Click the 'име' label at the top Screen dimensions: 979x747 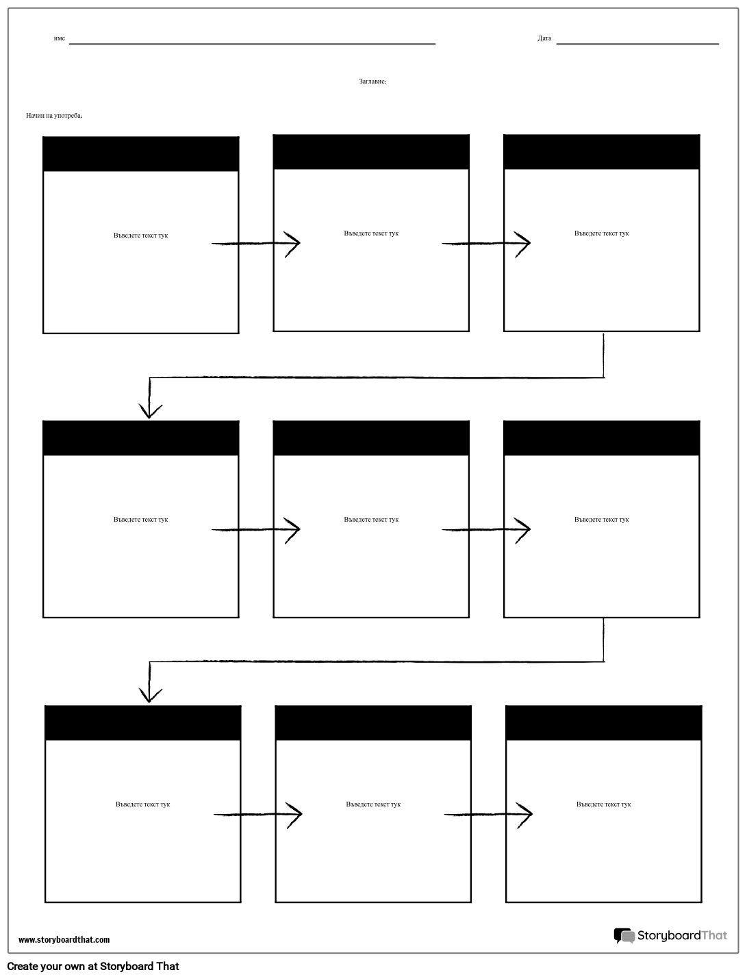(60, 38)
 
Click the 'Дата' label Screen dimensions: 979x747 (544, 38)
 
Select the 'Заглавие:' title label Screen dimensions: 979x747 (373, 81)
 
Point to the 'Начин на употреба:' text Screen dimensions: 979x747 (55, 116)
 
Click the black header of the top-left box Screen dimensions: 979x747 (141, 154)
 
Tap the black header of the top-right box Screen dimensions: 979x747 (602, 152)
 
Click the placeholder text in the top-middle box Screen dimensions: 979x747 (371, 233)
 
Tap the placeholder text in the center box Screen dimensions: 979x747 (371, 520)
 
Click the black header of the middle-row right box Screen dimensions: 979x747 (602, 438)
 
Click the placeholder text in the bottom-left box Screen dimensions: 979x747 (143, 804)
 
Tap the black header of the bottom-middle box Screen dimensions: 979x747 (373, 723)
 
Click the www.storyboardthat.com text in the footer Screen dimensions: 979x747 (64, 940)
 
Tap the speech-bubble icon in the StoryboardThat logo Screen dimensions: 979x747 (624, 936)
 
